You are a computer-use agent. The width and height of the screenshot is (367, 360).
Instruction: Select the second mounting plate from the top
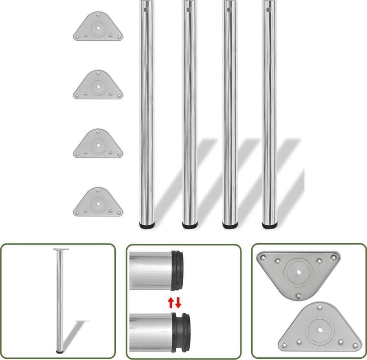point(98,85)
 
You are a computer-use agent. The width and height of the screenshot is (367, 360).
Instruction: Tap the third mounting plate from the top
point(98,144)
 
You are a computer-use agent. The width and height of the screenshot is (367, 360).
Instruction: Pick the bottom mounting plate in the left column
point(98,202)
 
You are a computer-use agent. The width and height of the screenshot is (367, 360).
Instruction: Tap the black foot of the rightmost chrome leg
point(269,224)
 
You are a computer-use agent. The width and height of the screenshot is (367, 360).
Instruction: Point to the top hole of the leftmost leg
point(145,9)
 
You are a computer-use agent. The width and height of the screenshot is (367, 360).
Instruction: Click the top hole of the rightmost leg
point(269,9)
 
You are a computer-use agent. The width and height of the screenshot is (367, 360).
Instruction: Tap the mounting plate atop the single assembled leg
point(61,249)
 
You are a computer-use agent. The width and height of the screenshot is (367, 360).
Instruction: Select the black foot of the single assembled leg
point(60,351)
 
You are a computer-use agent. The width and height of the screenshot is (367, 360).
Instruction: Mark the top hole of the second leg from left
point(189,9)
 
